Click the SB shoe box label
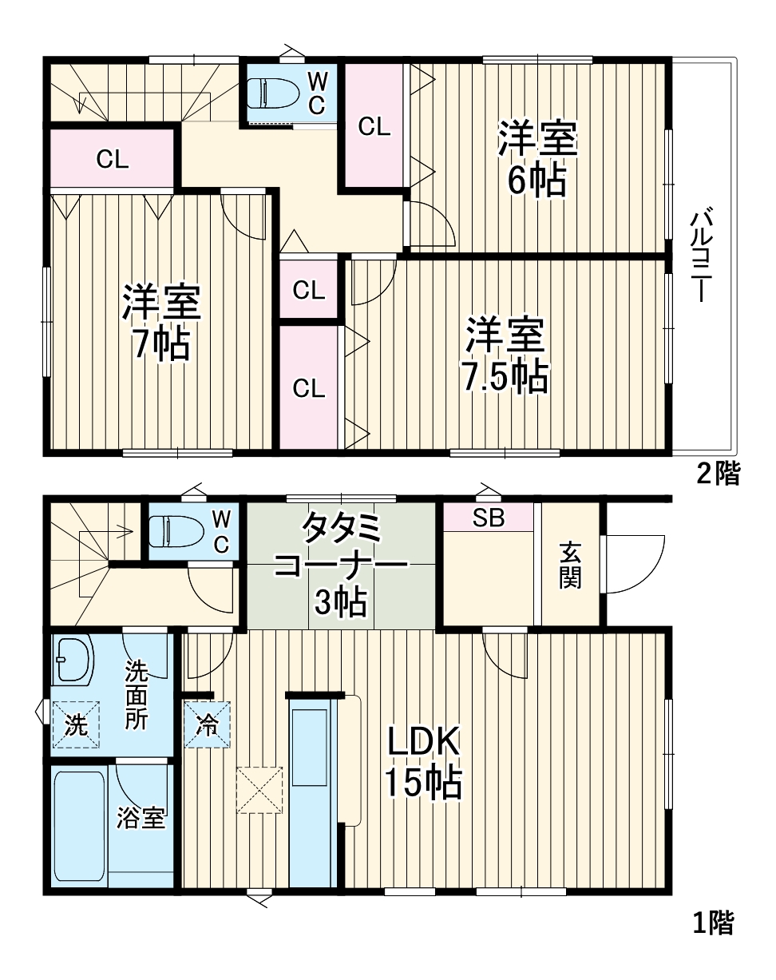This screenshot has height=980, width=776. [489, 518]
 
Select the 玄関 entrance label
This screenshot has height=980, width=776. [570, 565]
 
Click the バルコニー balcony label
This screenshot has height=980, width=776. [703, 256]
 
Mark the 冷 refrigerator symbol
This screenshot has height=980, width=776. [207, 725]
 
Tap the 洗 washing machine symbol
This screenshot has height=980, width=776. [76, 725]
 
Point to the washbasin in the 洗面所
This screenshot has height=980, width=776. [73, 659]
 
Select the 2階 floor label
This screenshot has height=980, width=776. [718, 474]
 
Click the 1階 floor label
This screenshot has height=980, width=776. [711, 923]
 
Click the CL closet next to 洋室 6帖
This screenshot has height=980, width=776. [374, 126]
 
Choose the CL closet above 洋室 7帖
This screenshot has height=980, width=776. [113, 159]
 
